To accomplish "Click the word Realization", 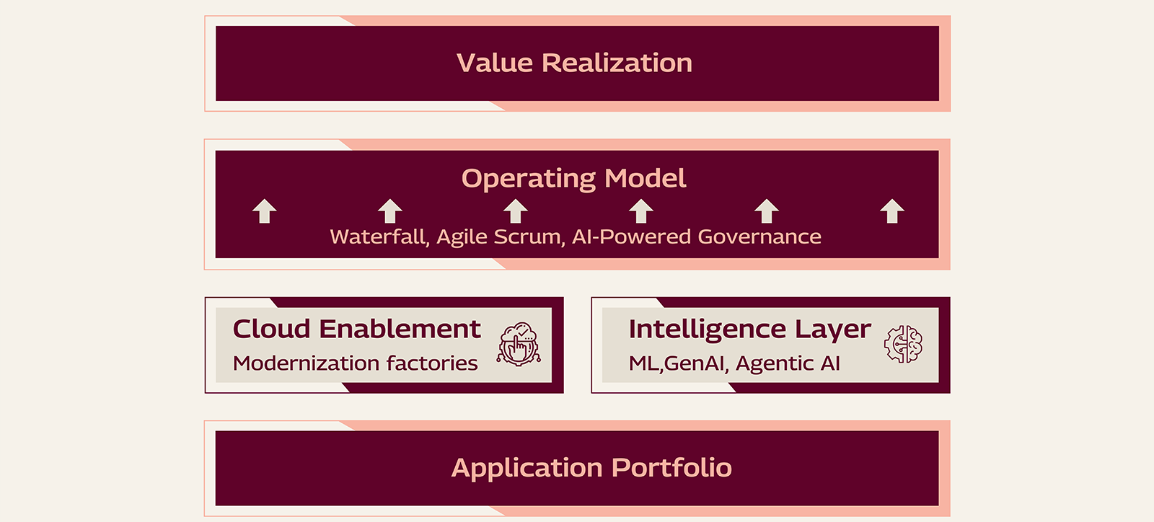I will click(617, 63).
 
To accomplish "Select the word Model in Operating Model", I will click(646, 178).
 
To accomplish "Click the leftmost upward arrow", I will click(265, 211).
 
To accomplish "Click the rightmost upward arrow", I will click(892, 211).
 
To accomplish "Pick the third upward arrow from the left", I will click(516, 211).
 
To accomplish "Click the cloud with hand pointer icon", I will click(519, 344).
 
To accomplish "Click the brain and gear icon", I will click(903, 344).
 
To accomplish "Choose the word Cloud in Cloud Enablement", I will click(271, 329).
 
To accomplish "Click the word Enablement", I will click(400, 329).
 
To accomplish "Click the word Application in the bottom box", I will click(527, 468).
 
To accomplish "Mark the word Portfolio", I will click(671, 468).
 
